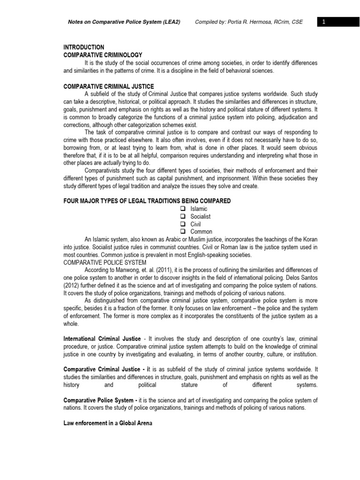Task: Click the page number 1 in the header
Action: [323, 22]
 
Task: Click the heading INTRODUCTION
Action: [84, 47]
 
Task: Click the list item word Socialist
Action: [200, 217]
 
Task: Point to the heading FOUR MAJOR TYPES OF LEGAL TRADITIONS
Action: [147, 201]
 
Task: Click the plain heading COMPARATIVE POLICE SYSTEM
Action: [105, 262]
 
